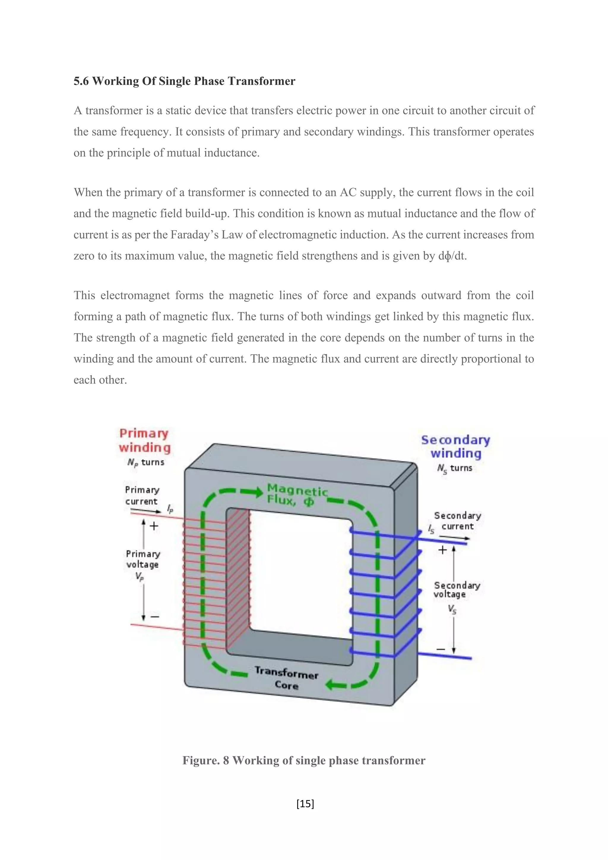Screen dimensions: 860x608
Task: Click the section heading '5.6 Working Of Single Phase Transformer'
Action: click(184, 81)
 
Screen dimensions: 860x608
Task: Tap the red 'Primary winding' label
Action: click(145, 440)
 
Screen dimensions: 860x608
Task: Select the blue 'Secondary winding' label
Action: click(455, 446)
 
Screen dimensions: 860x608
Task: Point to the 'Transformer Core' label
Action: click(286, 678)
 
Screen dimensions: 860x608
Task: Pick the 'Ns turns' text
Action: click(455, 468)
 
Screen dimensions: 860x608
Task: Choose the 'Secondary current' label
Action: click(457, 521)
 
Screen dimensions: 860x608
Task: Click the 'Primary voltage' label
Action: click(142, 559)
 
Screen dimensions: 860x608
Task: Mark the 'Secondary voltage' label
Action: click(456, 589)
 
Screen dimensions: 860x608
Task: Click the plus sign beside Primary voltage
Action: click(154, 526)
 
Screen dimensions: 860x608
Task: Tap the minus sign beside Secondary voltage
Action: click(441, 649)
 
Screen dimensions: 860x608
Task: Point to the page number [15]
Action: click(305, 804)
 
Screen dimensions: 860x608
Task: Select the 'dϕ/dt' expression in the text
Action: click(452, 256)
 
